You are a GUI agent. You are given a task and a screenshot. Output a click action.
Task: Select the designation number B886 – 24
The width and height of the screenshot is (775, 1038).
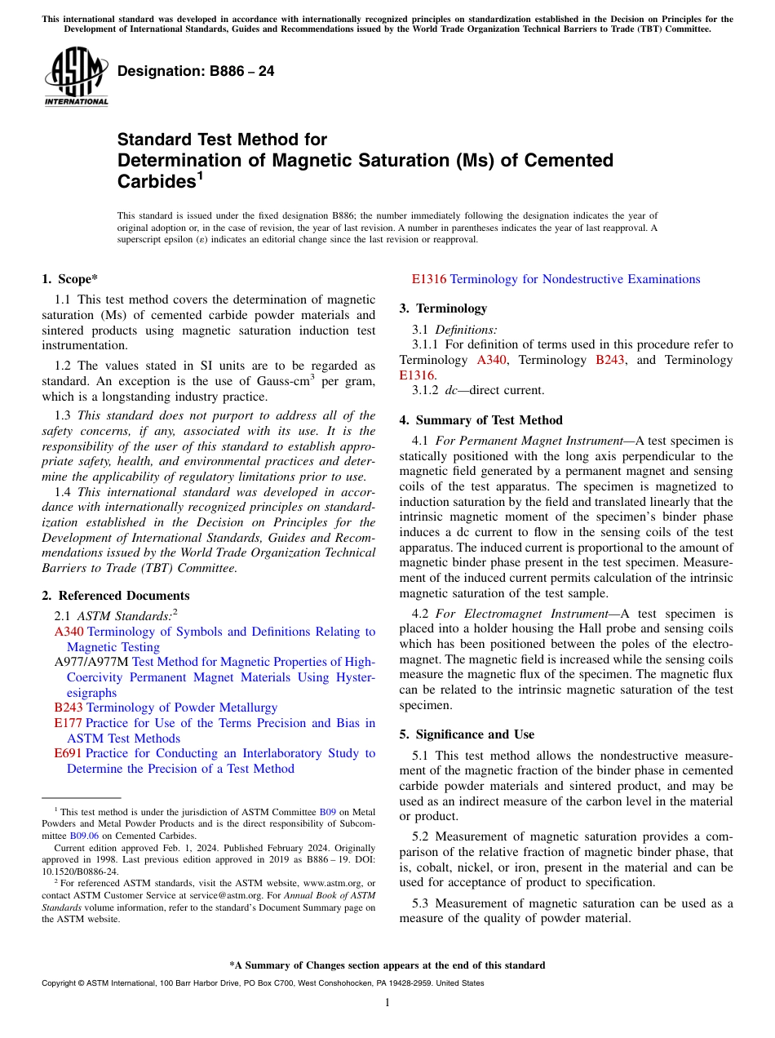point(196,72)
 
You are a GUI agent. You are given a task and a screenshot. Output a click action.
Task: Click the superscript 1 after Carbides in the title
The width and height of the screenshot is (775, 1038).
point(201,176)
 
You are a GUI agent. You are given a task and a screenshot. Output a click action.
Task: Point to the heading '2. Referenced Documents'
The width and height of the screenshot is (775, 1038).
point(115,596)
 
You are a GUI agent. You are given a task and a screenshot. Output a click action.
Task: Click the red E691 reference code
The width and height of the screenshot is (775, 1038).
point(68,753)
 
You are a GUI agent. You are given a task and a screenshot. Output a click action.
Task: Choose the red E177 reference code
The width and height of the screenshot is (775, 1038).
point(68,723)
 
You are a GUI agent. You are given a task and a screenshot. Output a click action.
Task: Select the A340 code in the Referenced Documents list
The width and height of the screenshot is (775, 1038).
point(69,632)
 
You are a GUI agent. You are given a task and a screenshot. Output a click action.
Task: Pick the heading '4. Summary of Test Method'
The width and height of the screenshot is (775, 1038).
point(480,420)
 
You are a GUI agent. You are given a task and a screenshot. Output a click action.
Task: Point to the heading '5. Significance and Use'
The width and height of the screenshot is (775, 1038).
point(467,734)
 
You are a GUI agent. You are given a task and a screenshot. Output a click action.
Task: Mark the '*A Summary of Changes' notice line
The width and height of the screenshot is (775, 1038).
point(387,965)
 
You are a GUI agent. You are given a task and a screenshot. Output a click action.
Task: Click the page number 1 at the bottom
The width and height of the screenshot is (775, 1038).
point(387,1003)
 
